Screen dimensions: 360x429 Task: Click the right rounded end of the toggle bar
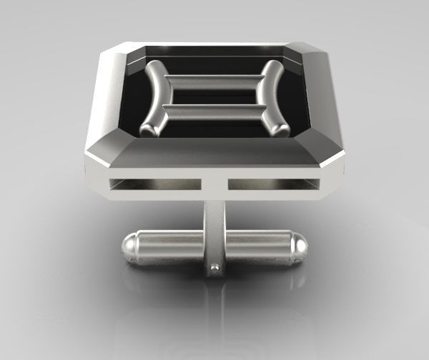tap(298, 246)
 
